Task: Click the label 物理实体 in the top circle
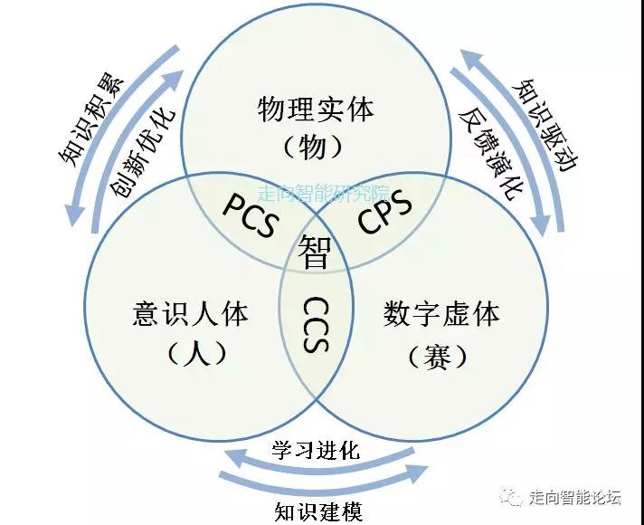click(x=315, y=111)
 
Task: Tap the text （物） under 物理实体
click(x=315, y=147)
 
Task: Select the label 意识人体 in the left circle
click(x=191, y=315)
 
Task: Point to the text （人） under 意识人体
click(x=191, y=352)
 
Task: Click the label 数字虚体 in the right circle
click(x=440, y=315)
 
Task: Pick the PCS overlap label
click(x=249, y=215)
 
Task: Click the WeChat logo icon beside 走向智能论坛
click(x=513, y=497)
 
